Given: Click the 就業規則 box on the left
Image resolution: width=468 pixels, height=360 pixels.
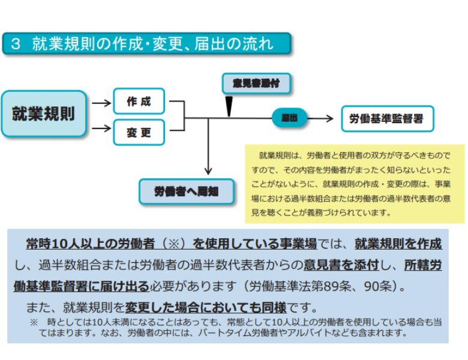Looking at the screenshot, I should tap(44, 113).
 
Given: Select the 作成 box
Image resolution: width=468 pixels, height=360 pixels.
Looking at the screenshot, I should tap(139, 101).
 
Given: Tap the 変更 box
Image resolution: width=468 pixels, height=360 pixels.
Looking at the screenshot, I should tap(139, 132).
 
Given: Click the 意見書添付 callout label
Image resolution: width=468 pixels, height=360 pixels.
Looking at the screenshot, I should tap(256, 83).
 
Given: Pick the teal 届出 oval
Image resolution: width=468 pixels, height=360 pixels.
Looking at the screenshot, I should tap(289, 118).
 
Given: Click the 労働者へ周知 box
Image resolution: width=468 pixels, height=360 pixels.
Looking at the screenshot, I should tap(187, 191).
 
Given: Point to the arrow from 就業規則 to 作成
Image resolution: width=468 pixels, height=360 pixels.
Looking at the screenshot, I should tap(101, 103).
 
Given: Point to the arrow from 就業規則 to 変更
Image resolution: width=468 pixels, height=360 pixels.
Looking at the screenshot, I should tap(101, 128).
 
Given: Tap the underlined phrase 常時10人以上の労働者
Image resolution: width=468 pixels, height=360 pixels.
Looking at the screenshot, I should tap(90, 244).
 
